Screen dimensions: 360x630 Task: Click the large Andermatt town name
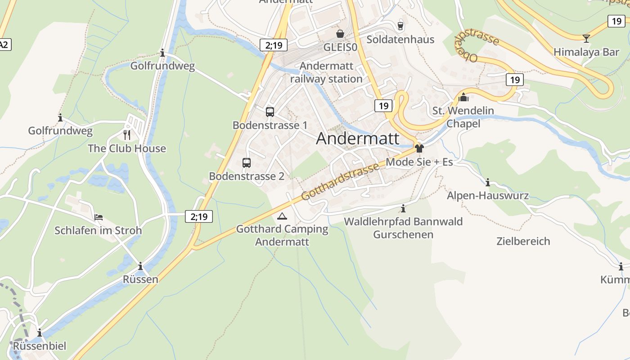[x=358, y=138]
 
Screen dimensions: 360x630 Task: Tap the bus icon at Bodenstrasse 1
[x=270, y=112]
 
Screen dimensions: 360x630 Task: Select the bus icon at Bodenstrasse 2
[x=247, y=163]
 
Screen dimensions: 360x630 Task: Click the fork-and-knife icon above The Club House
[x=127, y=135]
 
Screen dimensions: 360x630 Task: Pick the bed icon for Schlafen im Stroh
[x=99, y=217]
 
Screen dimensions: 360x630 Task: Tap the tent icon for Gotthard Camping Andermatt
[x=282, y=216]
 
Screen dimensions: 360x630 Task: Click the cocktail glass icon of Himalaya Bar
[x=586, y=38]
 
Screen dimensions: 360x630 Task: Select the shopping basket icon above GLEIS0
[x=340, y=34]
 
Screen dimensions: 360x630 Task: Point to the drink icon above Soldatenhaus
[x=400, y=26]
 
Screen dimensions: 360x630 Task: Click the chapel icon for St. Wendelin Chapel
[x=463, y=97]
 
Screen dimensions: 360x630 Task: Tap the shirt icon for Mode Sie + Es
[x=419, y=148]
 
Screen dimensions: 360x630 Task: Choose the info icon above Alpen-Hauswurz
[x=488, y=182]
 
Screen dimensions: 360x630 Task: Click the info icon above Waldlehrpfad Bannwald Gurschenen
[x=403, y=208]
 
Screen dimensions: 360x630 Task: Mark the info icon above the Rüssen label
[x=140, y=266]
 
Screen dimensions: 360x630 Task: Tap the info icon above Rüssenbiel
[x=40, y=333]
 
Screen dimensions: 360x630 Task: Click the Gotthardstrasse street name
[x=340, y=182]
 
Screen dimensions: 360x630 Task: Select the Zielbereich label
[x=523, y=241]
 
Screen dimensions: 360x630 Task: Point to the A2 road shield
[x=4, y=44]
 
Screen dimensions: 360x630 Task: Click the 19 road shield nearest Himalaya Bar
[x=616, y=21]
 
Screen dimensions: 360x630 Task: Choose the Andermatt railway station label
[x=326, y=72]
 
